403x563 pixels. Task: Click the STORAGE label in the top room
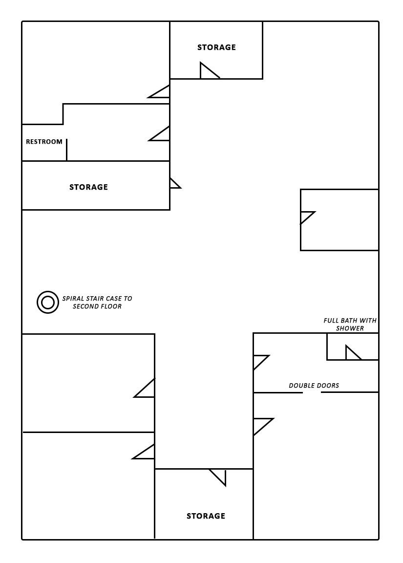216,47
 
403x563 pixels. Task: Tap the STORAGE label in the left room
88,187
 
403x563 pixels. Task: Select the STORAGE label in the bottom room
206,516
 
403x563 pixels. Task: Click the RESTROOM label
44,142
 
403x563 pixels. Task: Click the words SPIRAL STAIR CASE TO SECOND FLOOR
97,303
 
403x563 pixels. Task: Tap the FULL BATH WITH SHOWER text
350,324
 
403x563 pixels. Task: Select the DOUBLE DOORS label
314,386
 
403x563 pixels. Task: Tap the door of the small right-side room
307,217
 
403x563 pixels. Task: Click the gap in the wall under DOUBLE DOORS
312,392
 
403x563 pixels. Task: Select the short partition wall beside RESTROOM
67,150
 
